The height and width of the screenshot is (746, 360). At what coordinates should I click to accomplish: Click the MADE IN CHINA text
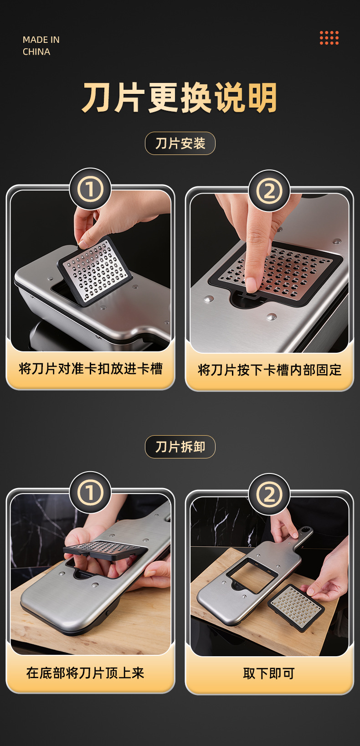click(x=41, y=46)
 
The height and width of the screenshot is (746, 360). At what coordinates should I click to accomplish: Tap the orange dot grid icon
click(x=329, y=38)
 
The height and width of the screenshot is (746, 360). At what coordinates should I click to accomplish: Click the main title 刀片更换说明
click(x=180, y=98)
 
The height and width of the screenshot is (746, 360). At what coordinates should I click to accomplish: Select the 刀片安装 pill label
click(x=180, y=144)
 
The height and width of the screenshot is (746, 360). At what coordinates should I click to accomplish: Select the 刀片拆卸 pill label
click(x=180, y=447)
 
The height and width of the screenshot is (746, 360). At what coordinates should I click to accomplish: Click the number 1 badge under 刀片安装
click(x=90, y=189)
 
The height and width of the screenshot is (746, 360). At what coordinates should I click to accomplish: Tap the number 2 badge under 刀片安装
click(x=269, y=191)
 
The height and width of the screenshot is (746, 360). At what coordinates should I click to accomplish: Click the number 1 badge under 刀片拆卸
click(x=90, y=492)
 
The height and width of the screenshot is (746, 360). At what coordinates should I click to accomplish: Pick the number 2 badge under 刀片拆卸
click(x=269, y=494)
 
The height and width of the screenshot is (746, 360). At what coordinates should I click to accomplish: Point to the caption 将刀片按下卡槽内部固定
click(x=269, y=370)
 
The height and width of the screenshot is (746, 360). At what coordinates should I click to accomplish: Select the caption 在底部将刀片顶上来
click(x=85, y=673)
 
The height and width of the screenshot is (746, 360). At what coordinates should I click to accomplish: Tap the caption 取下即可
click(x=269, y=674)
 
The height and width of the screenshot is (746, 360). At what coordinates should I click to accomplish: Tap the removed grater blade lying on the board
click(x=296, y=608)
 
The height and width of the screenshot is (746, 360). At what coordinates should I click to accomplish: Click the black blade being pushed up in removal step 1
click(x=105, y=549)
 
